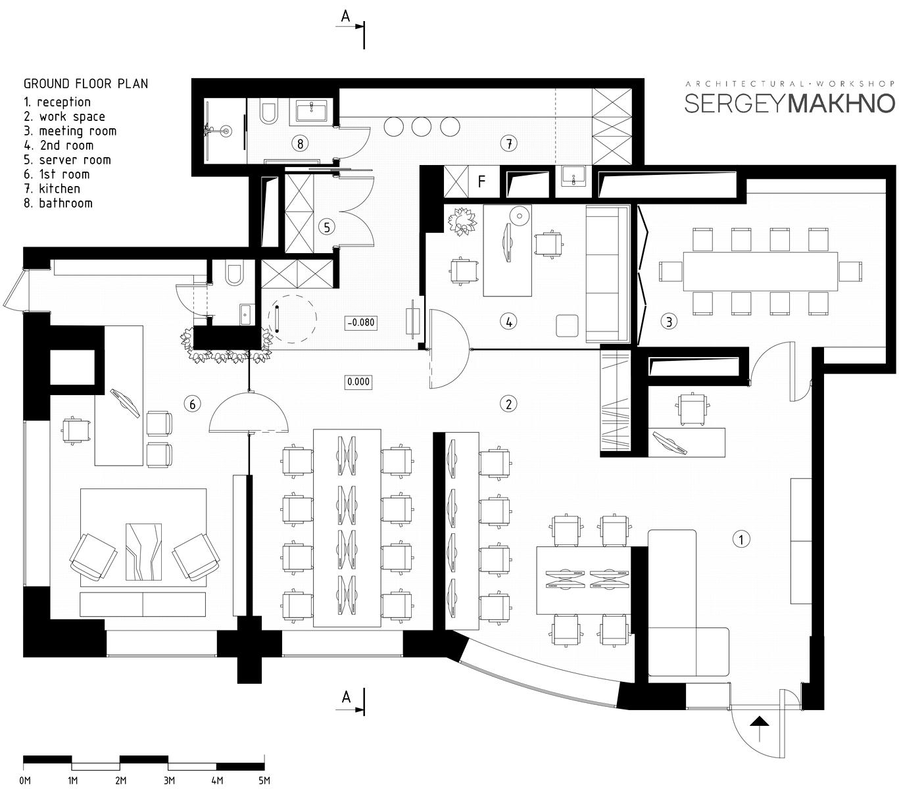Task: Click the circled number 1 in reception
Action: (741, 539)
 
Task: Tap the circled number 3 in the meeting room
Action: (669, 321)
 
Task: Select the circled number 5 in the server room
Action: (327, 227)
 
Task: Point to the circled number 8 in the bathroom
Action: (301, 143)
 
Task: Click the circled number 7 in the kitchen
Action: (509, 143)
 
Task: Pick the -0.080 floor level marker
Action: (361, 322)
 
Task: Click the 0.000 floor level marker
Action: (358, 381)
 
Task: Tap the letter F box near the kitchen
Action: (481, 181)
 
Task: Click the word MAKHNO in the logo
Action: (843, 103)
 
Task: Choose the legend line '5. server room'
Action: (68, 160)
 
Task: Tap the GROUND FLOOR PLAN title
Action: (85, 84)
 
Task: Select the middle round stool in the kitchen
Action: (421, 126)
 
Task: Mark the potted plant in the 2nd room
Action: (462, 220)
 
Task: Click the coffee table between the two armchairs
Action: (143, 552)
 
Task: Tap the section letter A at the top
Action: (345, 16)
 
